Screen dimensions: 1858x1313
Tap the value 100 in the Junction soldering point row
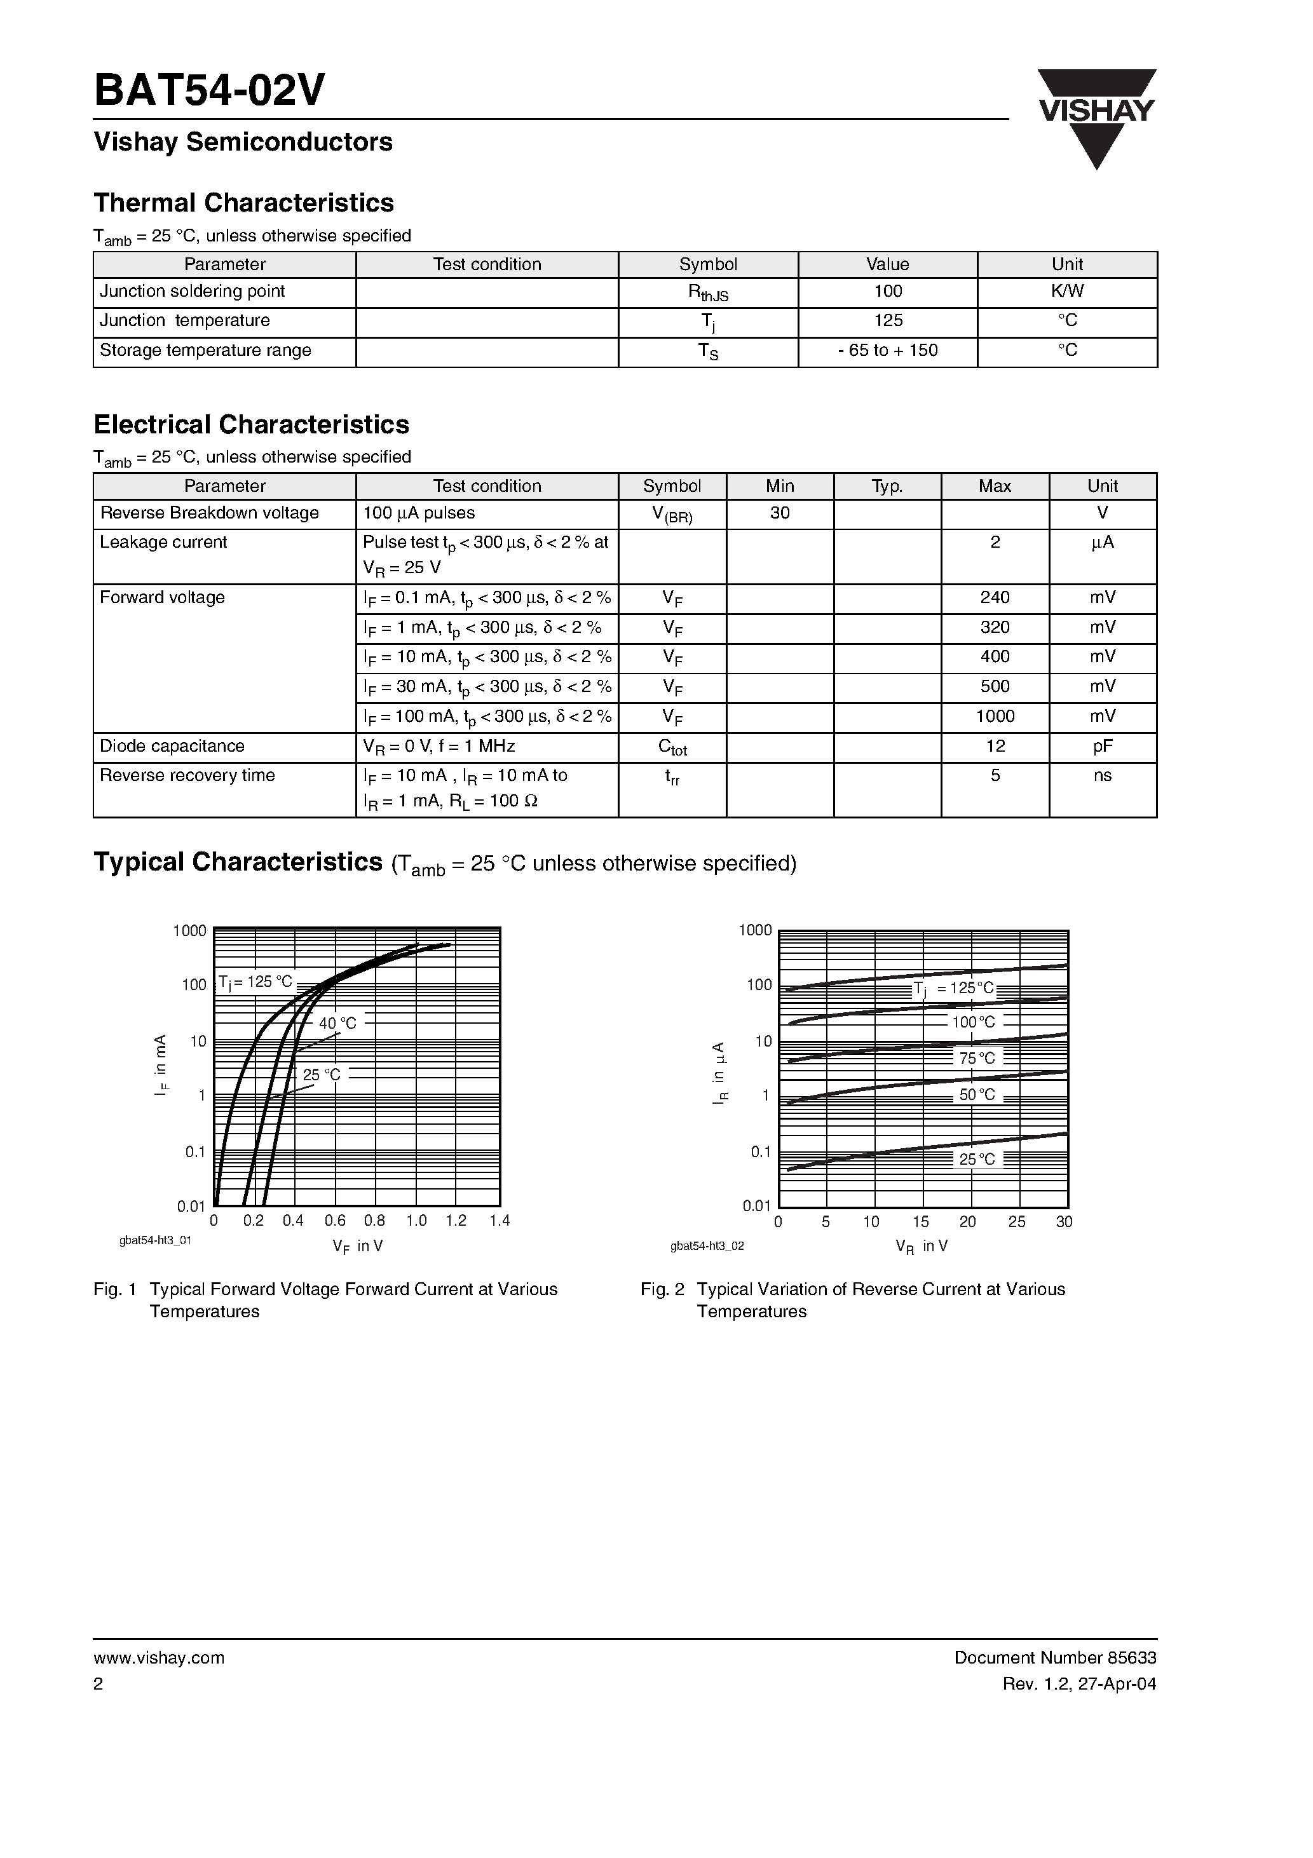[x=887, y=291]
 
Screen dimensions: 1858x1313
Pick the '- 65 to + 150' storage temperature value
[x=887, y=350]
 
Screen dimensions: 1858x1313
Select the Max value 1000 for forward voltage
[x=994, y=716]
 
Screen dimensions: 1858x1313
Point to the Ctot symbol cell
[x=672, y=747]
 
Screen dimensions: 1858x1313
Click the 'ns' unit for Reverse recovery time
[x=1102, y=775]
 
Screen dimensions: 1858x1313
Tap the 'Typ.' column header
[x=887, y=486]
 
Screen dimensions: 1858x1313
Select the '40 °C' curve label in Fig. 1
[x=337, y=1023]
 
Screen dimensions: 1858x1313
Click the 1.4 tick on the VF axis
[x=500, y=1221]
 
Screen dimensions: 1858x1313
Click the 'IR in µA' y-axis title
[x=719, y=1074]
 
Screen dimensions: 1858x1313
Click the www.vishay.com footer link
[x=159, y=1658]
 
